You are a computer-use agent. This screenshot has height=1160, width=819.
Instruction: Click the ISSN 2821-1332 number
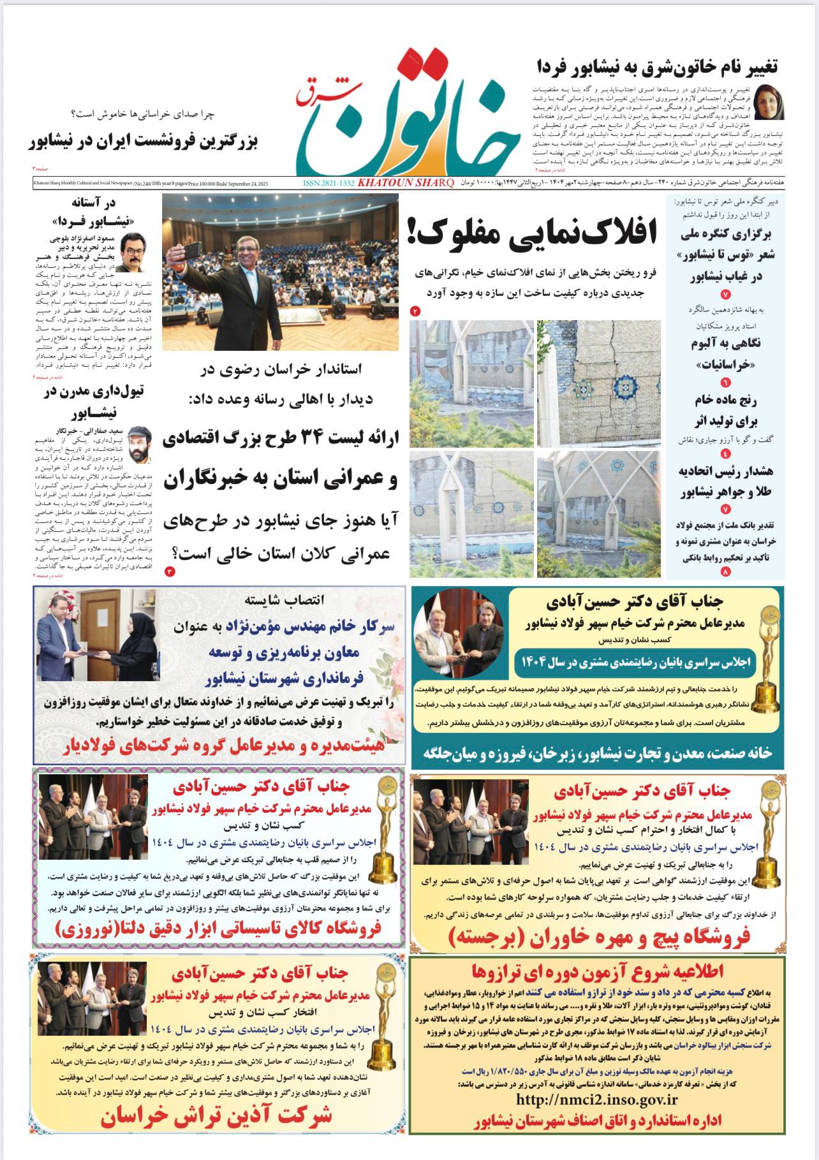point(328,183)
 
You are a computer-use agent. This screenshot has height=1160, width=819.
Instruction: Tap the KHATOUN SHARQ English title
point(406,183)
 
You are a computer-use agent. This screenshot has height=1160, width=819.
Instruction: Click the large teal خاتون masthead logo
point(408,115)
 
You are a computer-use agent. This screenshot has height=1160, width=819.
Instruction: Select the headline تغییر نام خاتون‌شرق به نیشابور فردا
point(658,66)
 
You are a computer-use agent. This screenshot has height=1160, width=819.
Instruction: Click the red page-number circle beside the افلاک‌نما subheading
point(415,311)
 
